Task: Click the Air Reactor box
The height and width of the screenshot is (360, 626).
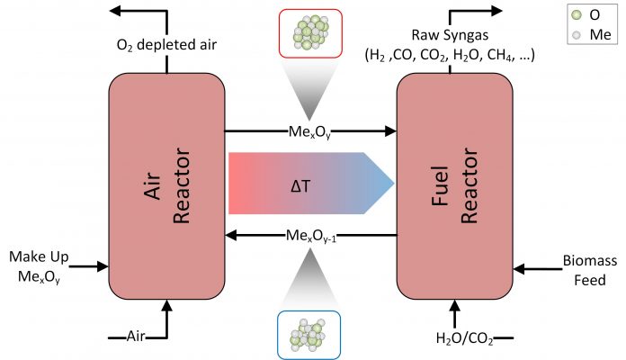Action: [167, 186]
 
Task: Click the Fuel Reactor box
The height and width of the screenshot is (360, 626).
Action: [455, 186]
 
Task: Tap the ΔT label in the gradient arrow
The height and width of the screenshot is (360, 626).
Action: [300, 186]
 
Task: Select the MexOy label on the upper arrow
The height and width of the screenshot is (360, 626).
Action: [309, 132]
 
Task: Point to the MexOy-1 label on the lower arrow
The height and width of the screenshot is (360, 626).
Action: [311, 236]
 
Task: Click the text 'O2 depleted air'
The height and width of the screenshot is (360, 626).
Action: [166, 45]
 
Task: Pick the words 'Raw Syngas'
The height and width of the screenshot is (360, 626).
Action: [450, 35]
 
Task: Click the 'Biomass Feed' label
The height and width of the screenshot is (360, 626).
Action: [590, 270]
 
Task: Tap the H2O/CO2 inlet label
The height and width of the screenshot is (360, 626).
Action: [464, 338]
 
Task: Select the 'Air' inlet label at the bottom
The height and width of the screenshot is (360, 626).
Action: [136, 336]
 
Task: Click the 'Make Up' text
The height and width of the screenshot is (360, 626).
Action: [39, 256]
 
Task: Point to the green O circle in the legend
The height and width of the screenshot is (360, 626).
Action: [577, 15]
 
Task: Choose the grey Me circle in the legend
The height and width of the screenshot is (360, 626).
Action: [577, 35]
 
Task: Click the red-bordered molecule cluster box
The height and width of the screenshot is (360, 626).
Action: [310, 33]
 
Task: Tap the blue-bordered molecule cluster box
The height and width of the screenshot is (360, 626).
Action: [309, 335]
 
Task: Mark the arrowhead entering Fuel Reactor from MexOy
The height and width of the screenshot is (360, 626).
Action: [390, 130]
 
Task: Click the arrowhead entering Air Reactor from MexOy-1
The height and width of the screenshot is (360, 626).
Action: [231, 235]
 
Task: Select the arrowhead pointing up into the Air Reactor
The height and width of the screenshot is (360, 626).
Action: [167, 306]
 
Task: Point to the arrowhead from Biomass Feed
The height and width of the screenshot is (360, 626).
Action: [519, 269]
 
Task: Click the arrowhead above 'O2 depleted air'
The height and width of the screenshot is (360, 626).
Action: [115, 11]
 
